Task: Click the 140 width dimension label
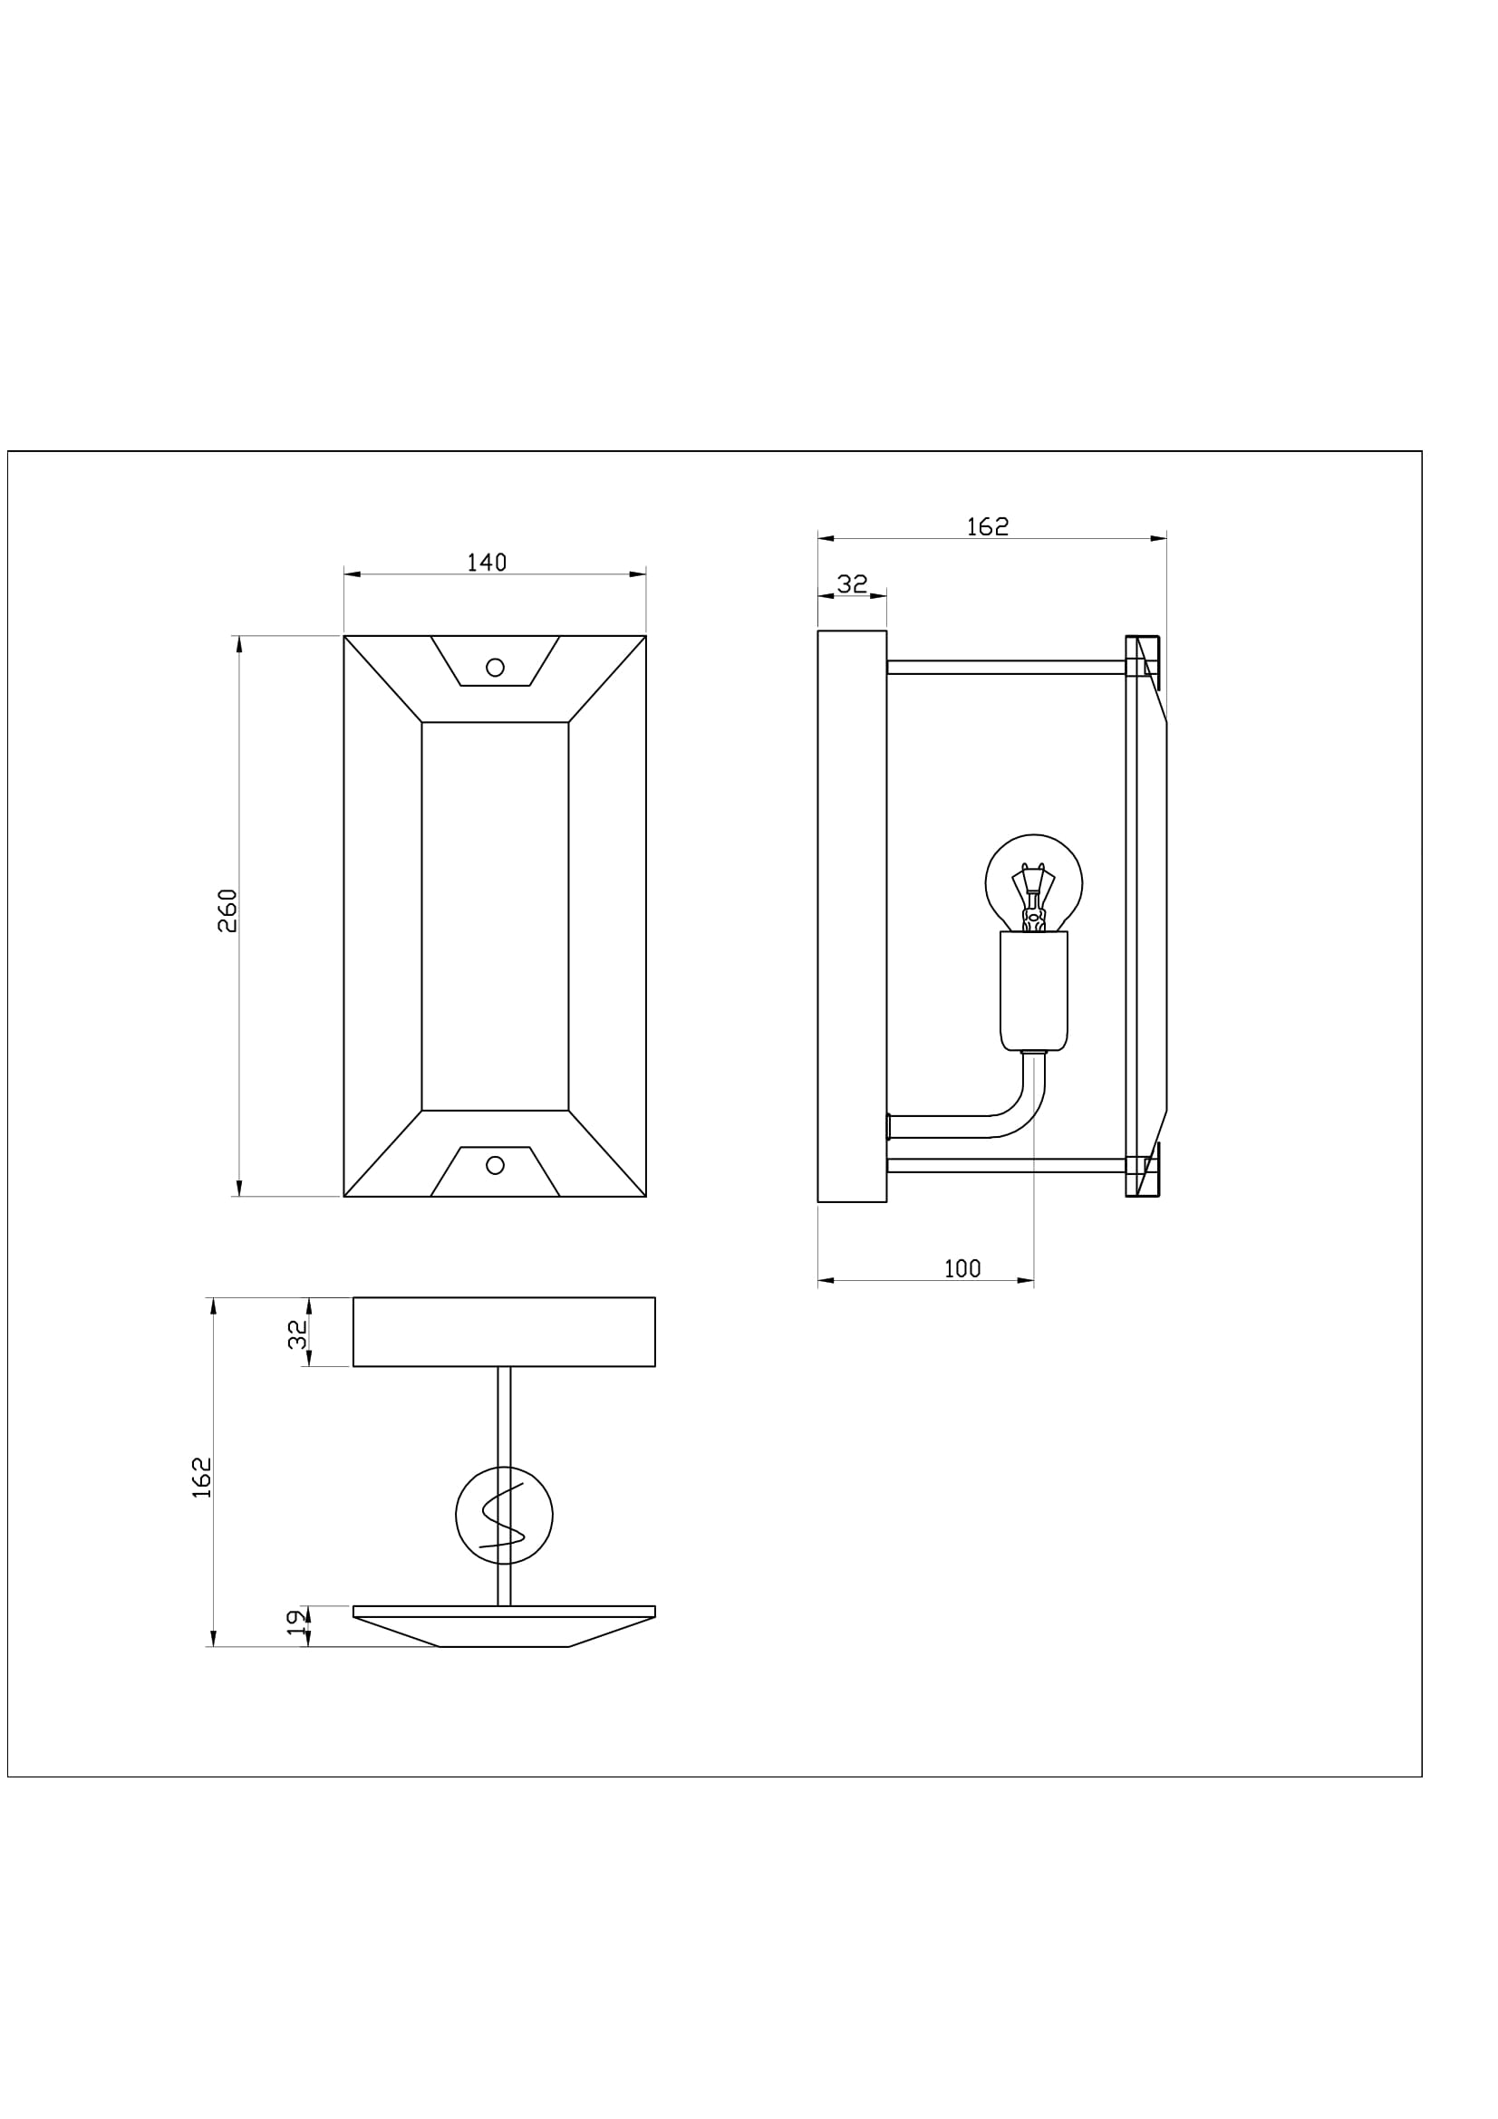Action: coord(487,563)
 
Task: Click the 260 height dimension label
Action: coord(227,910)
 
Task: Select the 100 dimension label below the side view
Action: coord(962,1269)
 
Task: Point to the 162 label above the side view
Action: coord(988,527)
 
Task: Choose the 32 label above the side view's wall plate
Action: coord(853,584)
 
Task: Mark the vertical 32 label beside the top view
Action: coord(297,1334)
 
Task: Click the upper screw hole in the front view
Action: coord(495,668)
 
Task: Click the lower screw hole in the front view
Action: coord(495,1166)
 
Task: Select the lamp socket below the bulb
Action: coord(1034,990)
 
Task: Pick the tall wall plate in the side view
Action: coord(852,917)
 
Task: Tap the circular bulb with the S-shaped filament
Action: coord(504,1516)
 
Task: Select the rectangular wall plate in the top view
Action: coord(504,1332)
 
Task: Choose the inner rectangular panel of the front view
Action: coord(495,917)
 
